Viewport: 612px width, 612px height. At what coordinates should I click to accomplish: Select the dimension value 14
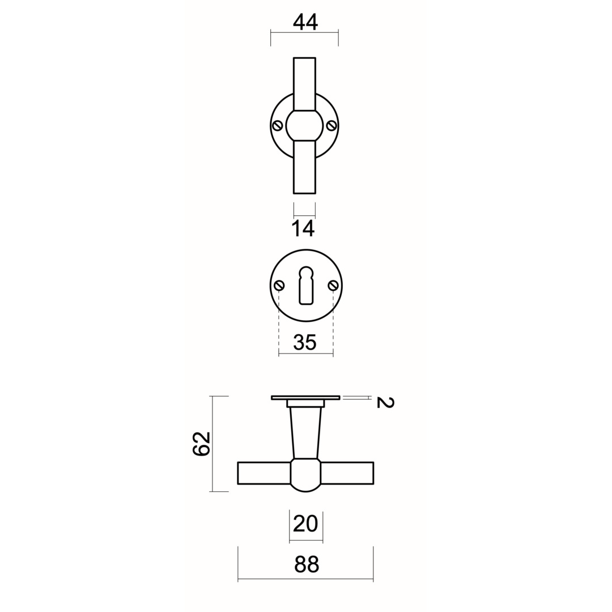(x=303, y=229)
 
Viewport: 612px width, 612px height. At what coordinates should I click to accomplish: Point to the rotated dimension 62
(x=202, y=443)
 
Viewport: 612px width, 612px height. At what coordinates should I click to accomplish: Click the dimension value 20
(x=305, y=524)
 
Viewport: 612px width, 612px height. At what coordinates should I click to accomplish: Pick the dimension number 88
(x=307, y=564)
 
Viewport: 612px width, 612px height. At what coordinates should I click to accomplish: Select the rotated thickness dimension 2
(x=385, y=402)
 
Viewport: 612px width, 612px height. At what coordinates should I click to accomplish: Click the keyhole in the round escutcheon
(x=307, y=285)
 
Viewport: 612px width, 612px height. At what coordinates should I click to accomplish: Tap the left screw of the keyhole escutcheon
(x=279, y=285)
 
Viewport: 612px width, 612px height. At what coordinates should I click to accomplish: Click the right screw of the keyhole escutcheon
(x=333, y=285)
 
